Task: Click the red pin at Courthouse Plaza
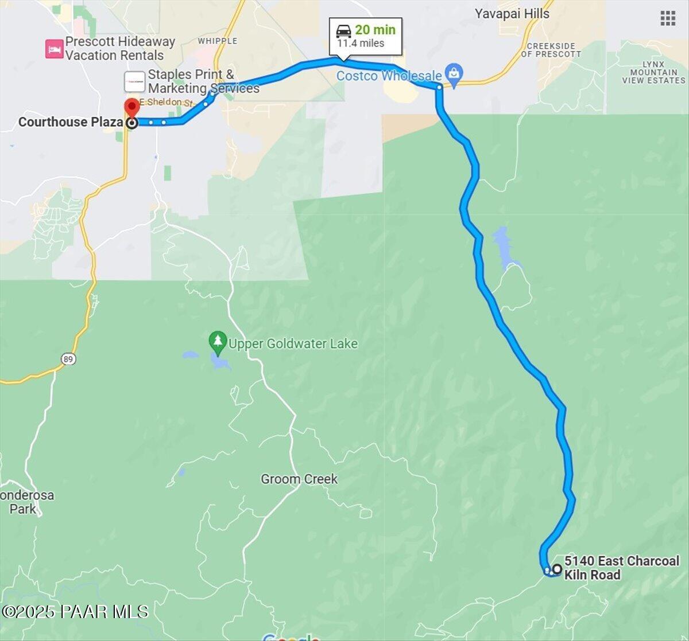pos(132,107)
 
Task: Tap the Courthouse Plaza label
pos(70,122)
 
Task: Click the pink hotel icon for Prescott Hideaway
pos(54,49)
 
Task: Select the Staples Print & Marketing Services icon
pos(134,81)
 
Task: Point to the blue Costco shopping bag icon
pos(454,75)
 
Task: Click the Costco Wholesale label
pos(389,76)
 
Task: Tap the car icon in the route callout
pos(344,30)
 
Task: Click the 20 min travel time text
pos(375,30)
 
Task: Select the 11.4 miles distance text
pos(361,44)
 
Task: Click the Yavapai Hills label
pos(512,14)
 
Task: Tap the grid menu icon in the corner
pos(668,18)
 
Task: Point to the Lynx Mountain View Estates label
pos(653,73)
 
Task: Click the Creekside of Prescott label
pos(551,50)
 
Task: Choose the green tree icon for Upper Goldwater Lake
pos(217,342)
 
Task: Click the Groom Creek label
pos(299,479)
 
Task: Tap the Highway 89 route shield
pos(68,359)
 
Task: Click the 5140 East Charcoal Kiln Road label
pos(621,568)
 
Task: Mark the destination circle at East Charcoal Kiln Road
pos(556,569)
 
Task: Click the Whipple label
pos(217,41)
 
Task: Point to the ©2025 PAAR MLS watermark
pos(75,612)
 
